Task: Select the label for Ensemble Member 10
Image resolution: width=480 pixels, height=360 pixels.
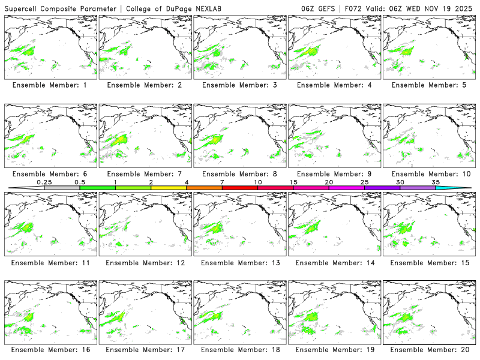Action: (x=430, y=173)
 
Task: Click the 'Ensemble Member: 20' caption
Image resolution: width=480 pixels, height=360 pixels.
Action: (x=430, y=349)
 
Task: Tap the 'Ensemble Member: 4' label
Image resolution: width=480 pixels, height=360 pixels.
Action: (x=335, y=85)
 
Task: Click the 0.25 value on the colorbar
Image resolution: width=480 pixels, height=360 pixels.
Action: (x=44, y=182)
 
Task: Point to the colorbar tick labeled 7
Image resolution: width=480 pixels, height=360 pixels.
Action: (x=222, y=182)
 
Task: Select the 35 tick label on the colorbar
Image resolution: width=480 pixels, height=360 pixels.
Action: (x=436, y=182)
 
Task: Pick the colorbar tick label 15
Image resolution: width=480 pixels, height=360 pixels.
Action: (x=293, y=182)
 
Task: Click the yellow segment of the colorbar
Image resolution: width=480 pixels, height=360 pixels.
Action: (x=169, y=188)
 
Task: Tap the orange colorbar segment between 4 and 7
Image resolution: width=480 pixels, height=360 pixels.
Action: (x=204, y=188)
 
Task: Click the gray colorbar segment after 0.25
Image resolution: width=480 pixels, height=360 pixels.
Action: (x=62, y=188)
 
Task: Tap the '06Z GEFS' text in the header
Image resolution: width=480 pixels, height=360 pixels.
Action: (x=319, y=8)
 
